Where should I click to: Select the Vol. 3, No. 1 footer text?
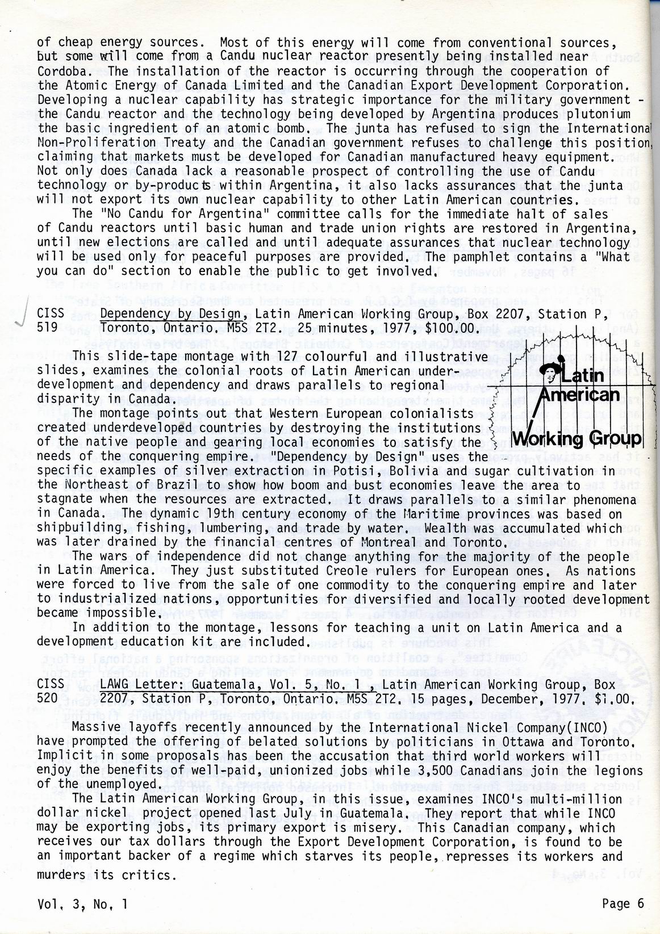82,904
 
